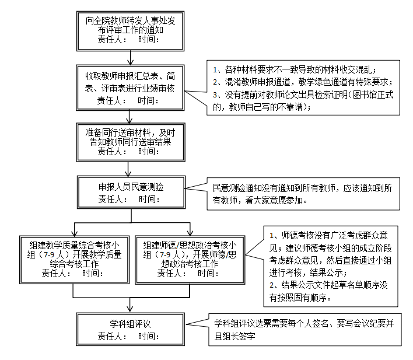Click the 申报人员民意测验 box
(131, 192)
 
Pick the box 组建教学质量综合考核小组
(73, 259)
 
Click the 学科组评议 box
(131, 329)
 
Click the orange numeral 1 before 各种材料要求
(215, 69)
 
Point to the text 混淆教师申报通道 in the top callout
(251, 81)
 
